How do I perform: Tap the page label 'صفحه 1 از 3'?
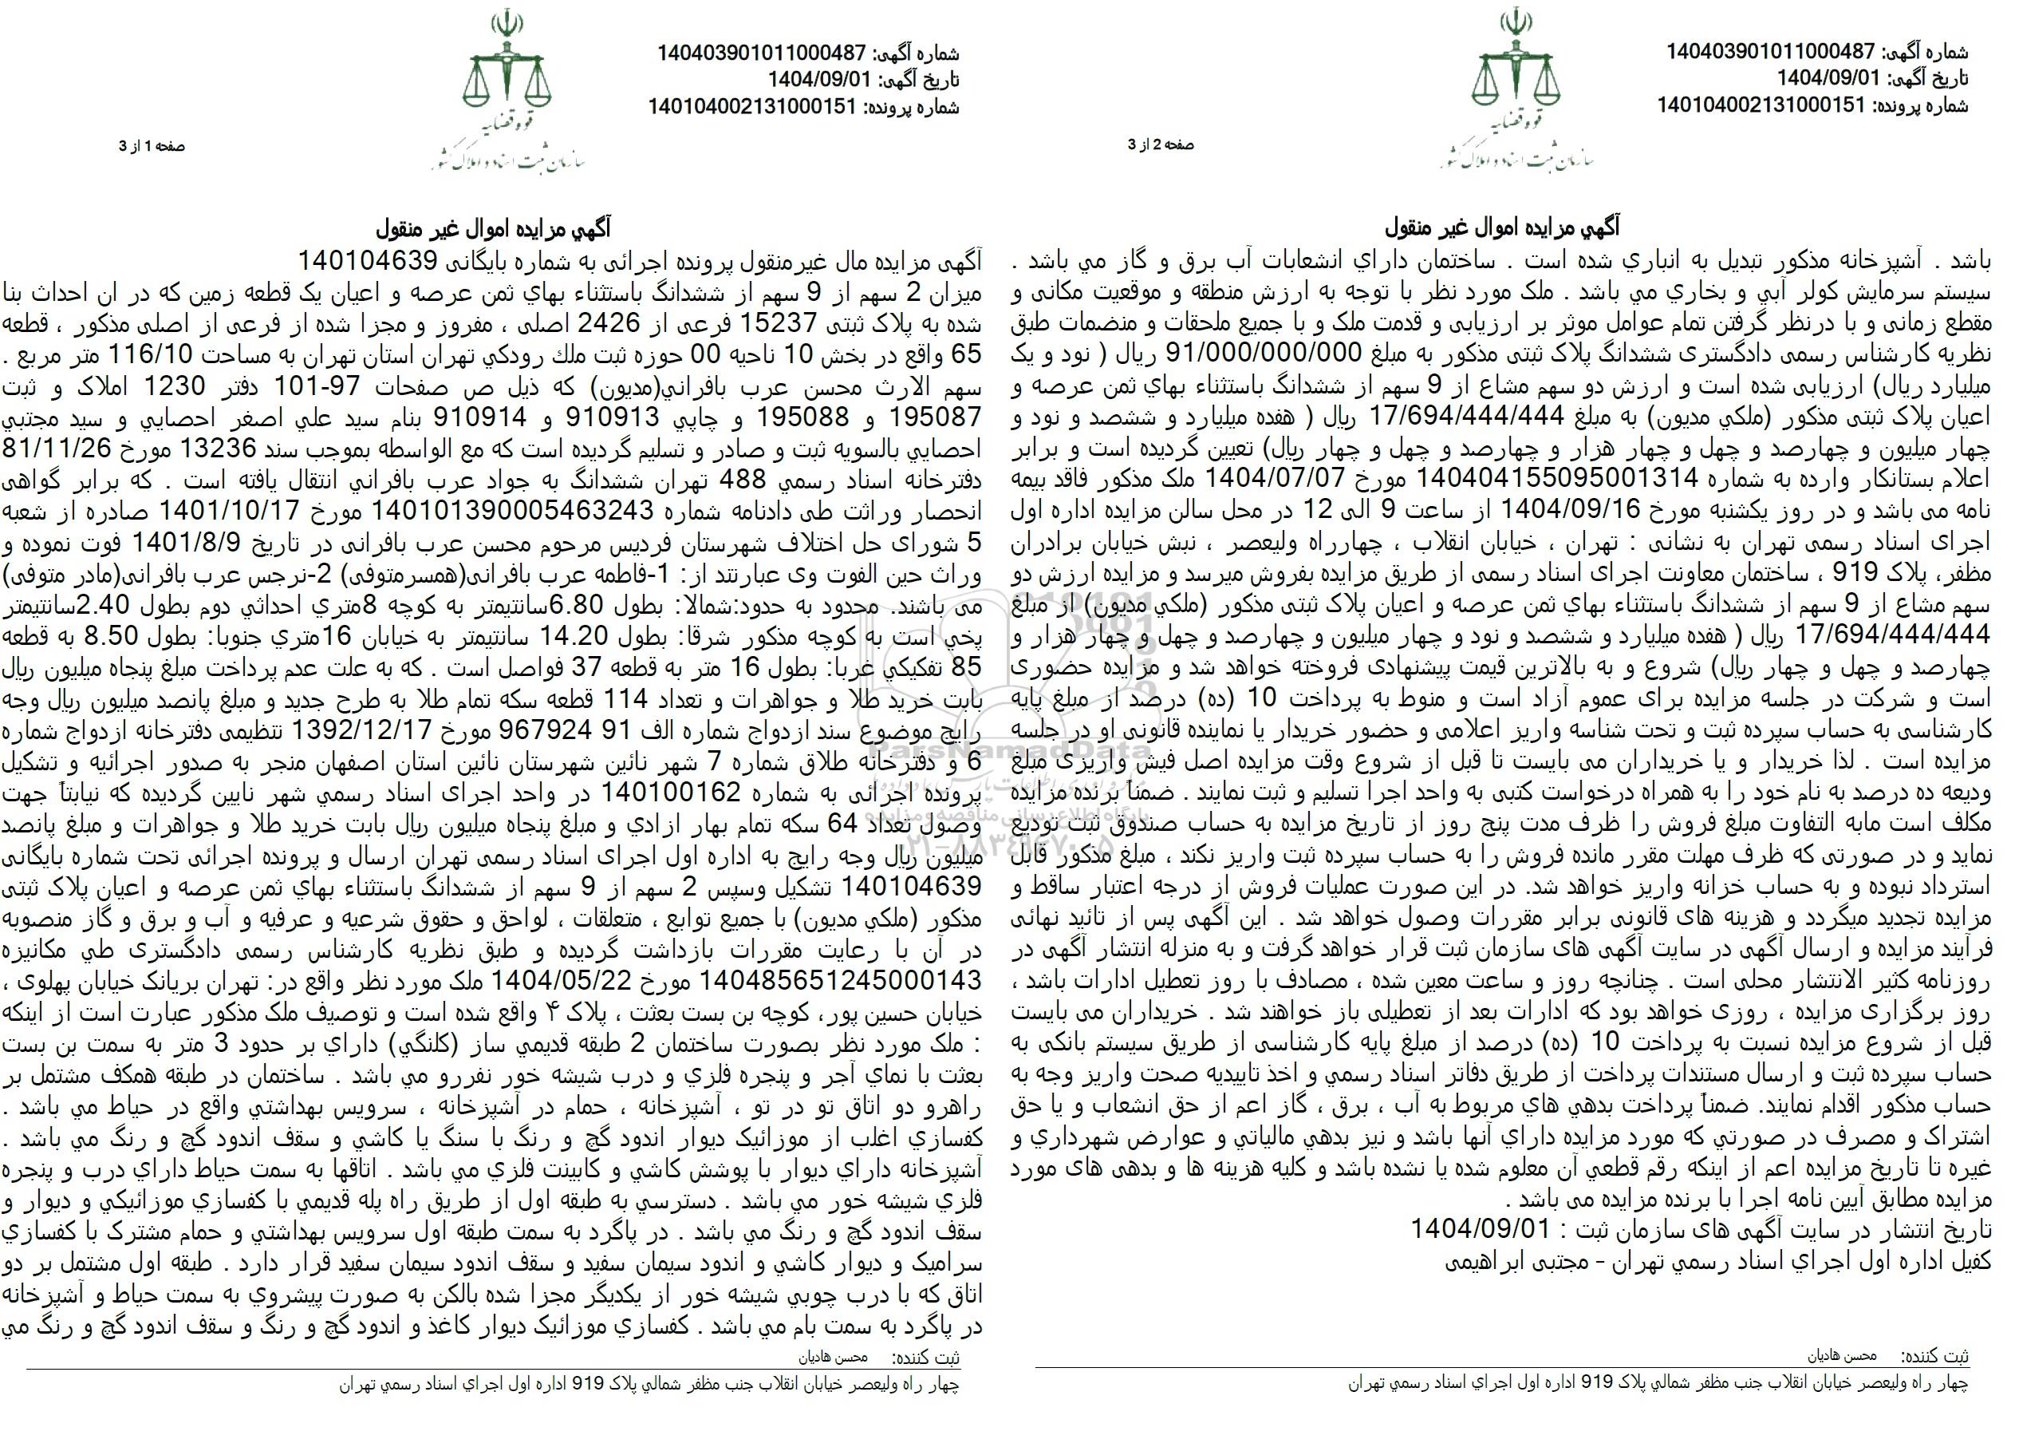tap(152, 146)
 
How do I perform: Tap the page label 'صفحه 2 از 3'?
tap(1161, 145)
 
